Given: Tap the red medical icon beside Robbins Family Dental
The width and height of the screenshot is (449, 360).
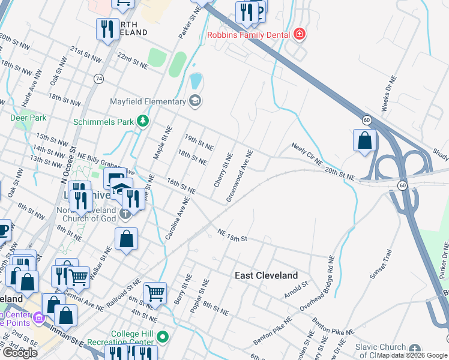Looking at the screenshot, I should (x=299, y=35).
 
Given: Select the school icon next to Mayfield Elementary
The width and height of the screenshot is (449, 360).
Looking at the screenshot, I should (x=194, y=101).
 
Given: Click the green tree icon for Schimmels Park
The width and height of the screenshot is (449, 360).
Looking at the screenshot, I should (x=142, y=122).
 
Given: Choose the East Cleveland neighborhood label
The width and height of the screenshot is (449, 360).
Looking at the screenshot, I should (x=266, y=275).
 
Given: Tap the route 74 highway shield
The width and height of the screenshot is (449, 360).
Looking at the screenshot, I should (x=98, y=79).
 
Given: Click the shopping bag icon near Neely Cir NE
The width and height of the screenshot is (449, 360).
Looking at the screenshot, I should (x=364, y=141).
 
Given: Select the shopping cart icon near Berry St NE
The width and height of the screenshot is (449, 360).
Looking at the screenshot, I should (x=155, y=293).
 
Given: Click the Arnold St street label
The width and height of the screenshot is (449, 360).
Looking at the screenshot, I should (x=297, y=290).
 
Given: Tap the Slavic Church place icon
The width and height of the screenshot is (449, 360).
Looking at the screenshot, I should (x=415, y=349).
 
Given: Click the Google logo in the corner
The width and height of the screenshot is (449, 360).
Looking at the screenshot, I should (x=20, y=353).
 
